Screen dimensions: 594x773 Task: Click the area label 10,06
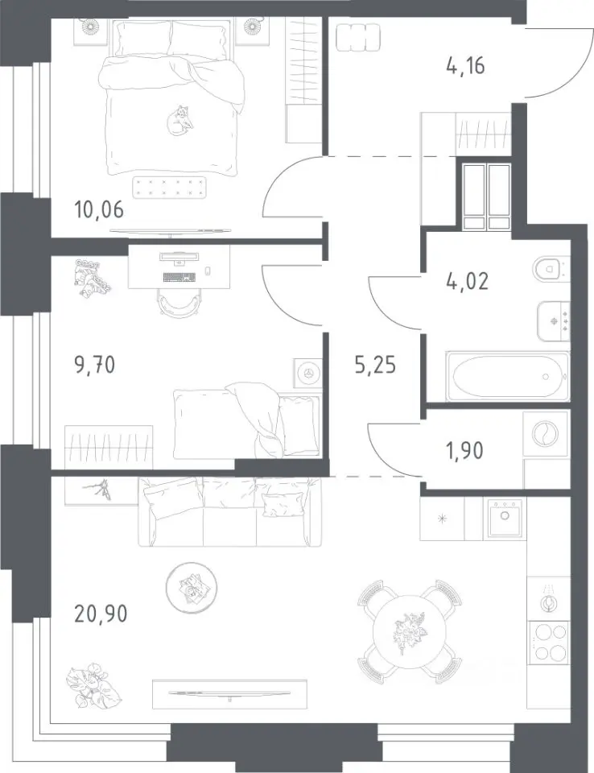(x=99, y=210)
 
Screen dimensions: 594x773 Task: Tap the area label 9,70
(x=95, y=366)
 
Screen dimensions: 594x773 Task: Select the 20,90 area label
(x=101, y=614)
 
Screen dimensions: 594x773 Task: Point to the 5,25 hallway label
(x=375, y=366)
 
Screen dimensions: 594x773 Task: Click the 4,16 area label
(x=465, y=65)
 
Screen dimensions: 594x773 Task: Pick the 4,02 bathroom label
(x=467, y=281)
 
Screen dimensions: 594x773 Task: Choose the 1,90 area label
(x=464, y=450)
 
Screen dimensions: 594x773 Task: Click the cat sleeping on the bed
(x=178, y=120)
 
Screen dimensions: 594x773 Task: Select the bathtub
(x=508, y=376)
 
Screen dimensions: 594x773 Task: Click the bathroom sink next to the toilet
(x=554, y=321)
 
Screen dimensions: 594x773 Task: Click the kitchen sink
(x=505, y=518)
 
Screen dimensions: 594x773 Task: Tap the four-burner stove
(x=549, y=642)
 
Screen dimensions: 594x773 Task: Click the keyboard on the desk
(x=179, y=277)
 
